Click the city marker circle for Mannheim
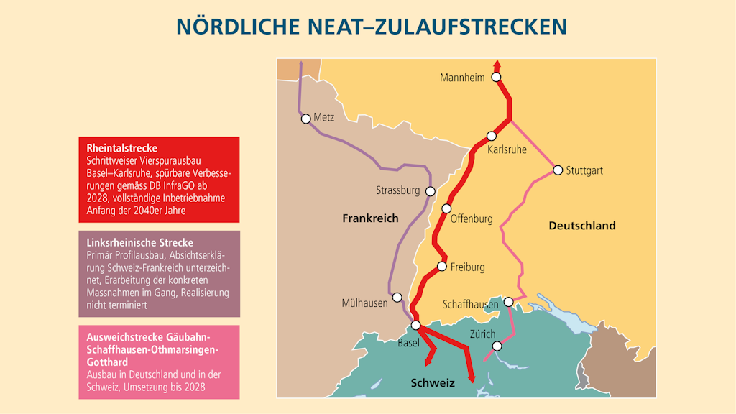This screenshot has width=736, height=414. click(495, 78)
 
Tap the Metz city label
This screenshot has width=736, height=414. click(324, 118)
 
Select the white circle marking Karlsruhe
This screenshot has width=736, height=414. click(492, 136)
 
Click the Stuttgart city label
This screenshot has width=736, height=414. click(584, 171)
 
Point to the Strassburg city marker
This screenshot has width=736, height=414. click(431, 191)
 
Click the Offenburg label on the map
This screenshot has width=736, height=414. click(471, 218)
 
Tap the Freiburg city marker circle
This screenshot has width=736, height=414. click(442, 267)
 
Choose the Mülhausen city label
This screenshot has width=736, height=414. click(364, 303)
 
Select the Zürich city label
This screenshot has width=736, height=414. click(482, 334)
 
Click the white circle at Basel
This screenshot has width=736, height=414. click(415, 325)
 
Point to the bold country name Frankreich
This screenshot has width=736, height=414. click(370, 218)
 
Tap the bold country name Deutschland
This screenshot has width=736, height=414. click(581, 226)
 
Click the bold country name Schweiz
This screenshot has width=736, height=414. click(433, 383)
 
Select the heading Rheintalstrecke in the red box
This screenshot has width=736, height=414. click(121, 148)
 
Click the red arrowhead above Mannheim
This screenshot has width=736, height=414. click(496, 64)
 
